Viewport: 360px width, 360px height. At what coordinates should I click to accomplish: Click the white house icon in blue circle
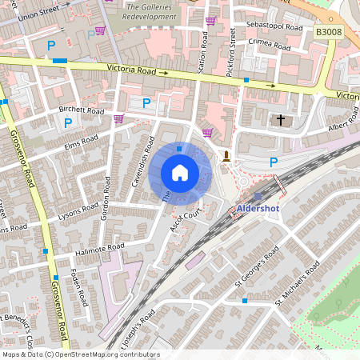point(180,173)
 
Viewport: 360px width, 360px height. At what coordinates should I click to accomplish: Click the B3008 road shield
point(327,31)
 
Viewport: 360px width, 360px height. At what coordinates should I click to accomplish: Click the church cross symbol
point(280,120)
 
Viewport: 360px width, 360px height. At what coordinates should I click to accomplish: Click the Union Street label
point(39,14)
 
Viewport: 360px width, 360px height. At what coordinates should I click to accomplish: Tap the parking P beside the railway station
point(274,162)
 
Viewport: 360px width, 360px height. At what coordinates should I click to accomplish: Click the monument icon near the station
point(227,155)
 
